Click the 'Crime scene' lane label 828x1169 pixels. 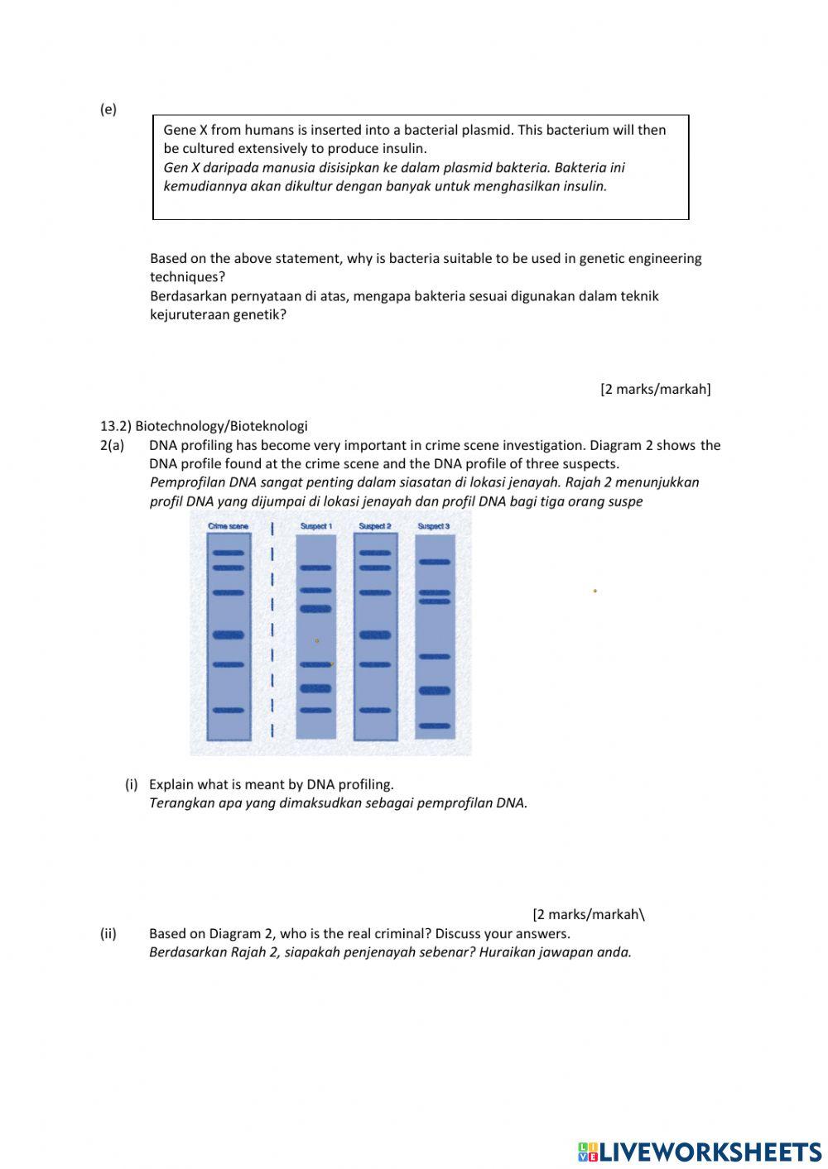point(228,526)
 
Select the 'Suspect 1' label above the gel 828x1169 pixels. point(315,526)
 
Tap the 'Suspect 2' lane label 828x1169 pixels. point(374,526)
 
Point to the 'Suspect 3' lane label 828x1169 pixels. point(434,526)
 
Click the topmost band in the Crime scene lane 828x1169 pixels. point(229,553)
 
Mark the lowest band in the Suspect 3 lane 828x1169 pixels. point(435,726)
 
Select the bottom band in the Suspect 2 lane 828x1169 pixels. point(375,710)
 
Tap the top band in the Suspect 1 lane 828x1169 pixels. point(315,568)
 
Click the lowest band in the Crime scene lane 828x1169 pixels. point(229,710)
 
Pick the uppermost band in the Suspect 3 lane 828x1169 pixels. point(435,562)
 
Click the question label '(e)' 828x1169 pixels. point(108,109)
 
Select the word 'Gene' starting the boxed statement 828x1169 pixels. point(180,130)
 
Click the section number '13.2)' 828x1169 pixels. point(116,426)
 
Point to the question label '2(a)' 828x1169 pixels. point(113,445)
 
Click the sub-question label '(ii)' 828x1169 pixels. point(108,933)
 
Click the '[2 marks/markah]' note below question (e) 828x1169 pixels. point(655,389)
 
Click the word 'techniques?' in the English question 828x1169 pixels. point(187,277)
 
